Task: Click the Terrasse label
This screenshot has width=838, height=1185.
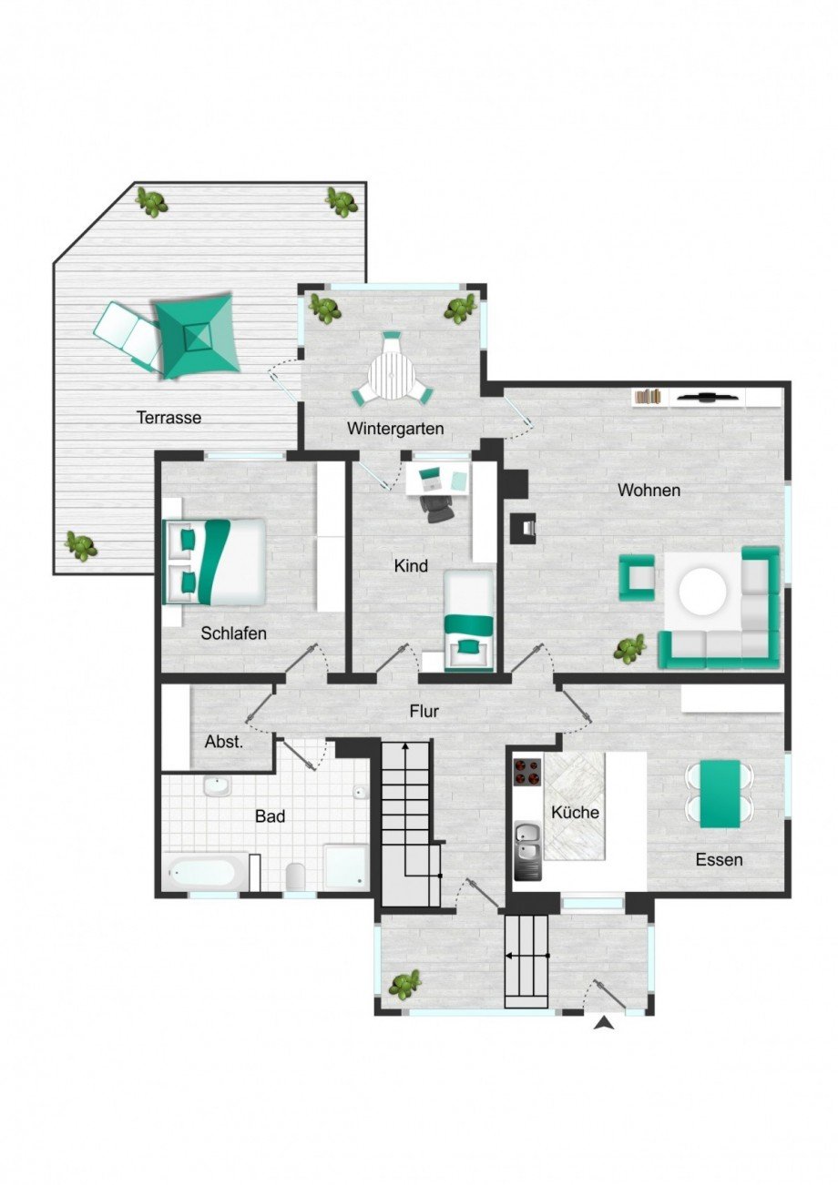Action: (169, 418)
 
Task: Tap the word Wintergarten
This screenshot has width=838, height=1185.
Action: (394, 428)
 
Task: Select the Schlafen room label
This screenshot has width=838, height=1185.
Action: (234, 633)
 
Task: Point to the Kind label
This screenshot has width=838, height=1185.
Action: (411, 566)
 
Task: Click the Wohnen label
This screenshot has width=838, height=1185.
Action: (649, 490)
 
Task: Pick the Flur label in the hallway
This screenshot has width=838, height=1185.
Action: (424, 711)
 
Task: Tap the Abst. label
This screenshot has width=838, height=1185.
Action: (224, 742)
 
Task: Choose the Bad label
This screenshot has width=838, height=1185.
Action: (270, 816)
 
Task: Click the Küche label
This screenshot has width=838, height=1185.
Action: (576, 811)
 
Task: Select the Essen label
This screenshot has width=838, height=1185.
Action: (719, 859)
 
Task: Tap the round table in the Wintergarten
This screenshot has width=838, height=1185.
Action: (392, 374)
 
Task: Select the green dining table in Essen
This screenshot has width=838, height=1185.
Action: (720, 794)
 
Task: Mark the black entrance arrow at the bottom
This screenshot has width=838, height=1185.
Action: (603, 1024)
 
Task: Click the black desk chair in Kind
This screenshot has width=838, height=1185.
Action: (439, 506)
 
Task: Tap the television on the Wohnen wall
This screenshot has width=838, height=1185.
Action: (708, 397)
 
